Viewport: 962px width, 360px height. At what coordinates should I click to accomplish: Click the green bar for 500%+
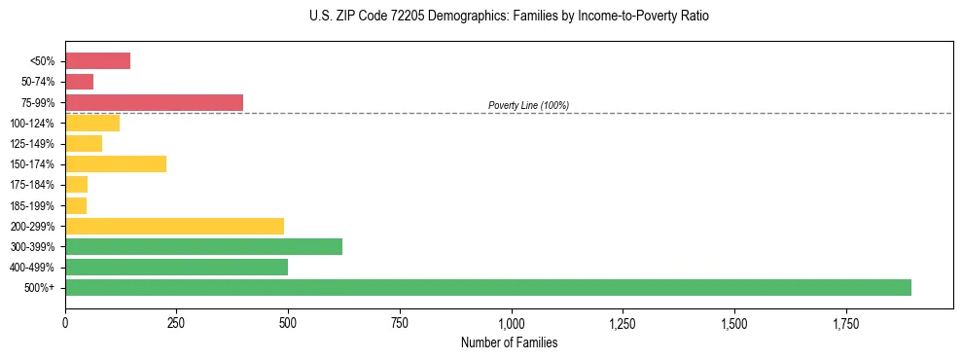tap(487, 287)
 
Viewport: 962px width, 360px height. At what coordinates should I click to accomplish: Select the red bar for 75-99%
tap(154, 102)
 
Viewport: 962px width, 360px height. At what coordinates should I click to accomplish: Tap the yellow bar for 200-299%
tap(174, 226)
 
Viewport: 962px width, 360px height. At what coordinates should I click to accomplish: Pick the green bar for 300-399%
tap(203, 246)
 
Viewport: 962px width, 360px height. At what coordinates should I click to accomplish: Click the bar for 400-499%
tap(176, 267)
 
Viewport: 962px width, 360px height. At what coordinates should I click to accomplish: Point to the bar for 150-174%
tap(116, 163)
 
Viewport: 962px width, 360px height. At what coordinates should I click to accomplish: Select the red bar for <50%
tap(97, 61)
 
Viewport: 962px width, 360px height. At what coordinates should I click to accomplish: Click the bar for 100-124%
tap(92, 123)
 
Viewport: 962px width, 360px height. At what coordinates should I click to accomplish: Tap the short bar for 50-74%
tap(79, 82)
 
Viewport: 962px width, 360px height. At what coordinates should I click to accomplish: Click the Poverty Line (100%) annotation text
tap(528, 105)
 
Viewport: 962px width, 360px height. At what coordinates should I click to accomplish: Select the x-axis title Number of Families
tap(509, 342)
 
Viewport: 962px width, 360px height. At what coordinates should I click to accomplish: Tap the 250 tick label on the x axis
tap(176, 323)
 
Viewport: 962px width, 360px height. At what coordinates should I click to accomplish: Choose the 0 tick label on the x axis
tap(65, 323)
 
